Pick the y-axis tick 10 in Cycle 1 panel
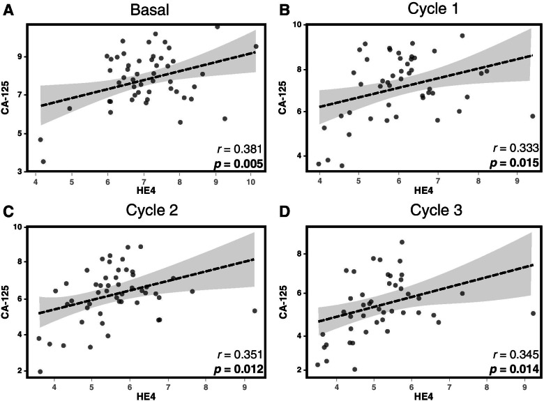[296, 24]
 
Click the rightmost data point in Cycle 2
[255, 311]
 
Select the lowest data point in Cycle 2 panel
[40, 372]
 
